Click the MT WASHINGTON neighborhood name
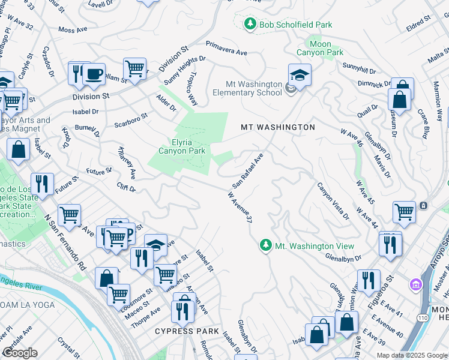click(277, 127)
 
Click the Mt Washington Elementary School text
click(253, 89)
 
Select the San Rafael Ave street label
click(247, 170)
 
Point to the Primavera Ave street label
click(227, 48)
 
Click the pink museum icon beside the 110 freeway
click(414, 283)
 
